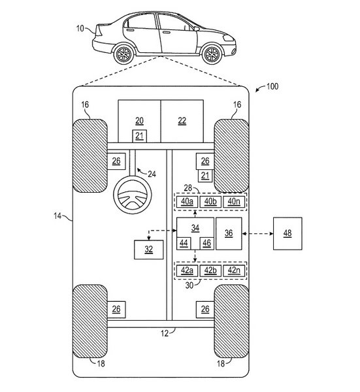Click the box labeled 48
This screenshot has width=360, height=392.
point(287,233)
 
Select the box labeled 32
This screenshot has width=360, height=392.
point(149,250)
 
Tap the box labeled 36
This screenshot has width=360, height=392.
point(229,233)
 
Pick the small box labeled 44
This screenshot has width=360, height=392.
point(184,243)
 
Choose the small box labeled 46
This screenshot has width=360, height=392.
point(206,243)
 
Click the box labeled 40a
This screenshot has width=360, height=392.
point(187,202)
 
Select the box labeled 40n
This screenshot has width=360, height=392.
point(234,202)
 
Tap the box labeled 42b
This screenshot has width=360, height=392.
point(210,270)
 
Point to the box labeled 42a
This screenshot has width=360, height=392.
point(187,270)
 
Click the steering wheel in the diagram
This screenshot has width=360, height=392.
point(133,195)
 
